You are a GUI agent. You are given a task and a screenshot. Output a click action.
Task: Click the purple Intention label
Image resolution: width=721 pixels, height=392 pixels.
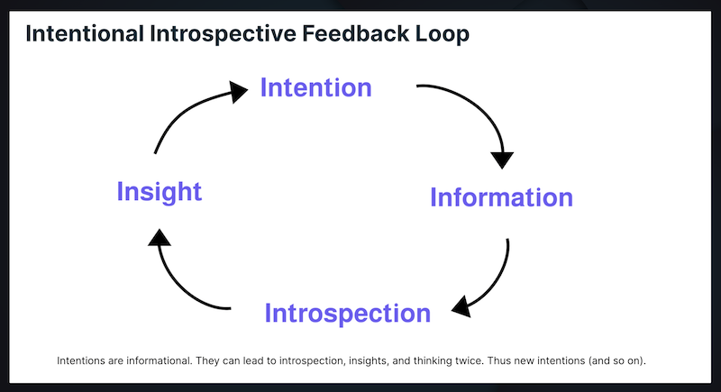316,87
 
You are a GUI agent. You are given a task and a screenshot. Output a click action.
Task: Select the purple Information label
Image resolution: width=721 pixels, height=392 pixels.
501,197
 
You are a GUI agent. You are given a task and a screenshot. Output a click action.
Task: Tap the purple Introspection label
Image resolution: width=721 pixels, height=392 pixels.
348,314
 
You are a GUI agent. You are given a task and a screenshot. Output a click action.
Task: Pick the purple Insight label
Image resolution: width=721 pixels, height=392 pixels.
160,192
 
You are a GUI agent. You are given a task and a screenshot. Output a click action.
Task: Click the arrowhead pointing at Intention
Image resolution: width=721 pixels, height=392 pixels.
238,91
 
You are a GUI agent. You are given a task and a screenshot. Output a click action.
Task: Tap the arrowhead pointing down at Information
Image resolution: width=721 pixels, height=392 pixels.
502,160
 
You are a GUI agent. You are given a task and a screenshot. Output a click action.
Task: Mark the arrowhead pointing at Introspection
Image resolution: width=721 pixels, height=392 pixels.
461,307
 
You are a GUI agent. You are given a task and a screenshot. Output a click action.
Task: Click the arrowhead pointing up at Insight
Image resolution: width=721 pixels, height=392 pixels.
160,237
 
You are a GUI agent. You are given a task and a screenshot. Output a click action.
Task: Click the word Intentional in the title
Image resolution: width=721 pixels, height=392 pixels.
85,34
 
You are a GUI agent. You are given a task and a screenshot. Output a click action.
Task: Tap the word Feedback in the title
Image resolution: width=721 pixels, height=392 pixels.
355,34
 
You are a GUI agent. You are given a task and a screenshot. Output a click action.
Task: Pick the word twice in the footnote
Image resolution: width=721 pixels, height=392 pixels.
470,360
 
